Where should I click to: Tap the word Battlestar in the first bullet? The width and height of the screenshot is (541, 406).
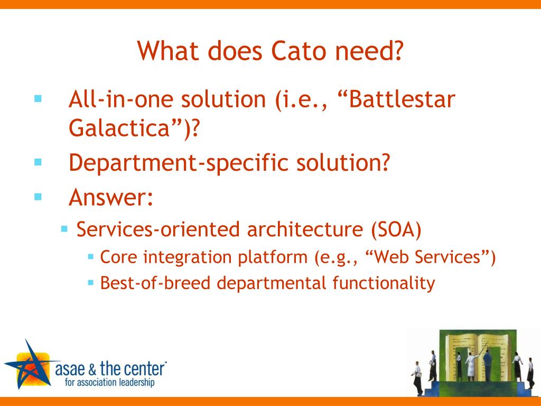(x=400, y=99)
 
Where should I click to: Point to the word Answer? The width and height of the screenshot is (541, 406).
(x=111, y=198)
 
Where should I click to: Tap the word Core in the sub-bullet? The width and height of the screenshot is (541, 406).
(x=119, y=257)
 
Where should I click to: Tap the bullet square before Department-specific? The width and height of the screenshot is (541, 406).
(x=38, y=162)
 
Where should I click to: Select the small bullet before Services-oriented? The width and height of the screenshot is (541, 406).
(x=64, y=229)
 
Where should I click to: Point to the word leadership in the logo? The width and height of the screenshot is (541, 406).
(x=135, y=382)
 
